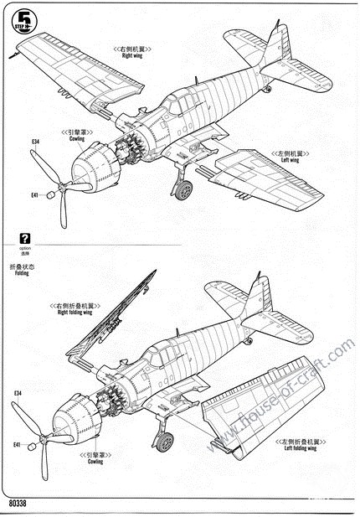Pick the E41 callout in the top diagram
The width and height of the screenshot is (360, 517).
click(34, 195)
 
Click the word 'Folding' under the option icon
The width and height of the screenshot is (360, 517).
click(15, 273)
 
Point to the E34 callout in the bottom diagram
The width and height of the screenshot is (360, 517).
click(18, 393)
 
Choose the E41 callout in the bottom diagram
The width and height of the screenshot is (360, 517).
click(18, 445)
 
